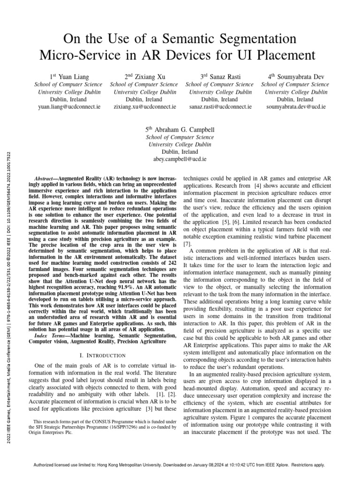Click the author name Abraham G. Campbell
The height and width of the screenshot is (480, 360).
(180, 129)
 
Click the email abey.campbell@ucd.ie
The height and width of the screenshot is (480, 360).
(180, 159)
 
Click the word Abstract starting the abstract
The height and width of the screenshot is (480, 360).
(46, 180)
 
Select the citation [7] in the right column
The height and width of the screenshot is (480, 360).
(187, 244)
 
